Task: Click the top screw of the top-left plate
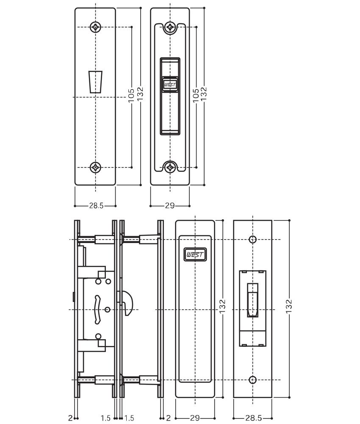(x=96, y=27)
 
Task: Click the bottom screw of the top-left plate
(x=96, y=167)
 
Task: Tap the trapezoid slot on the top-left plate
(x=95, y=82)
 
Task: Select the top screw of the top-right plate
(x=170, y=27)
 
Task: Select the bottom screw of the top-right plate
(x=170, y=167)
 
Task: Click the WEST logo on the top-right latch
(x=170, y=85)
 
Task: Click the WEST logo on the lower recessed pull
(x=195, y=254)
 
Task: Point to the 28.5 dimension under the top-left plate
(x=96, y=206)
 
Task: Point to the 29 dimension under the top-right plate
(x=170, y=206)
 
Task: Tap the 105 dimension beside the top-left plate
(x=131, y=95)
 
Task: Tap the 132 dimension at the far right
(x=289, y=306)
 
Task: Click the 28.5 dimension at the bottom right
(x=253, y=418)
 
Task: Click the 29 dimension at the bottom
(x=195, y=418)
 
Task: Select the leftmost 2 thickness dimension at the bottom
(x=70, y=418)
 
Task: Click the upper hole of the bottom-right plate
(x=252, y=239)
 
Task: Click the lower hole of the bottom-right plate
(x=252, y=379)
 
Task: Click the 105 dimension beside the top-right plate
(x=196, y=95)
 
